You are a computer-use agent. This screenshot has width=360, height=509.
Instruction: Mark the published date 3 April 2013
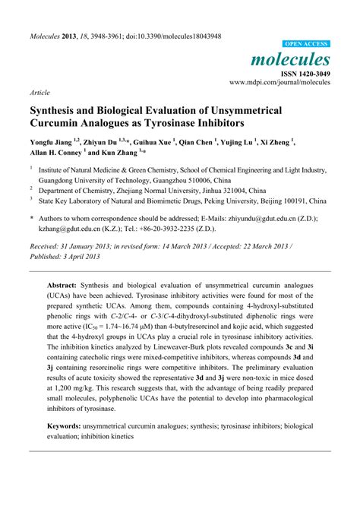tap(82, 257)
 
